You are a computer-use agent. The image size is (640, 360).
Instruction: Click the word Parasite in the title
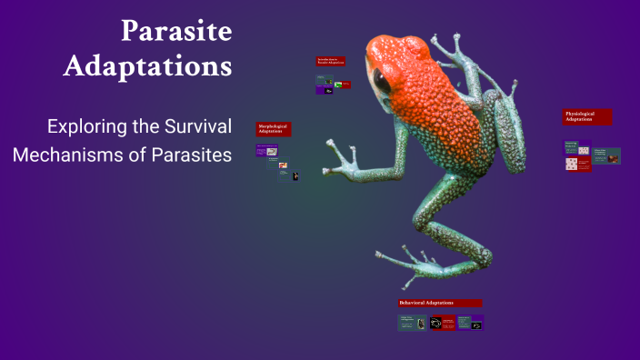point(177,30)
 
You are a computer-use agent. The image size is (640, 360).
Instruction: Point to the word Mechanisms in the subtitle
point(65,155)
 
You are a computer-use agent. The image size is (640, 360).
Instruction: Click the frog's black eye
point(383,83)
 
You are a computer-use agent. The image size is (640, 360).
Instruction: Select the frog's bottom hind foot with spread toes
point(415,263)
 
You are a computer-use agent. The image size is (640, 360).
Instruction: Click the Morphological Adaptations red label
point(274,129)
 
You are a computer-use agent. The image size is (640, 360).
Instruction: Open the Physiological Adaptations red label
point(586,116)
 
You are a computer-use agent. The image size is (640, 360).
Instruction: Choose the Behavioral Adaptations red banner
point(440,303)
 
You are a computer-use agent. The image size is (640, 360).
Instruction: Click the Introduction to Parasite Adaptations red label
point(328,61)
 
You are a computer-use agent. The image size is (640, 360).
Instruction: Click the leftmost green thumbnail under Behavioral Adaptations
point(412,322)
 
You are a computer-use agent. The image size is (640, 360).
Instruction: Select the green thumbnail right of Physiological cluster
point(607,156)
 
